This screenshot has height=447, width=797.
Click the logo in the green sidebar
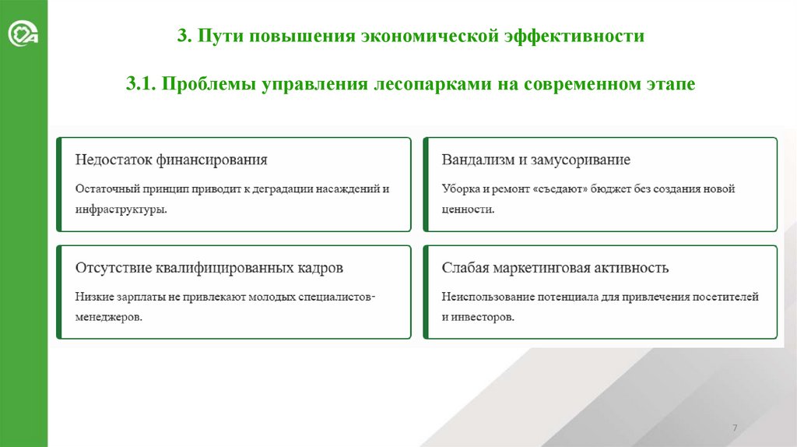click(x=23, y=35)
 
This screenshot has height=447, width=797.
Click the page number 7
click(x=735, y=430)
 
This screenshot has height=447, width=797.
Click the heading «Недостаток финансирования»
click(x=170, y=160)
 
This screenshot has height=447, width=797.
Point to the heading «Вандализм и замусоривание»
click(x=535, y=160)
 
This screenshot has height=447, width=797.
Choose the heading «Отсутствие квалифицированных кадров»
click(x=209, y=268)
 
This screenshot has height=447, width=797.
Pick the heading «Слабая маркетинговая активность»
click(x=555, y=268)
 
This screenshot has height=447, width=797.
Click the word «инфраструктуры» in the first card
click(x=120, y=209)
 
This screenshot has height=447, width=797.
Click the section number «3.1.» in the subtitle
click(x=142, y=83)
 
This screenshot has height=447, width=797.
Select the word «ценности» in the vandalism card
click(x=466, y=209)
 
